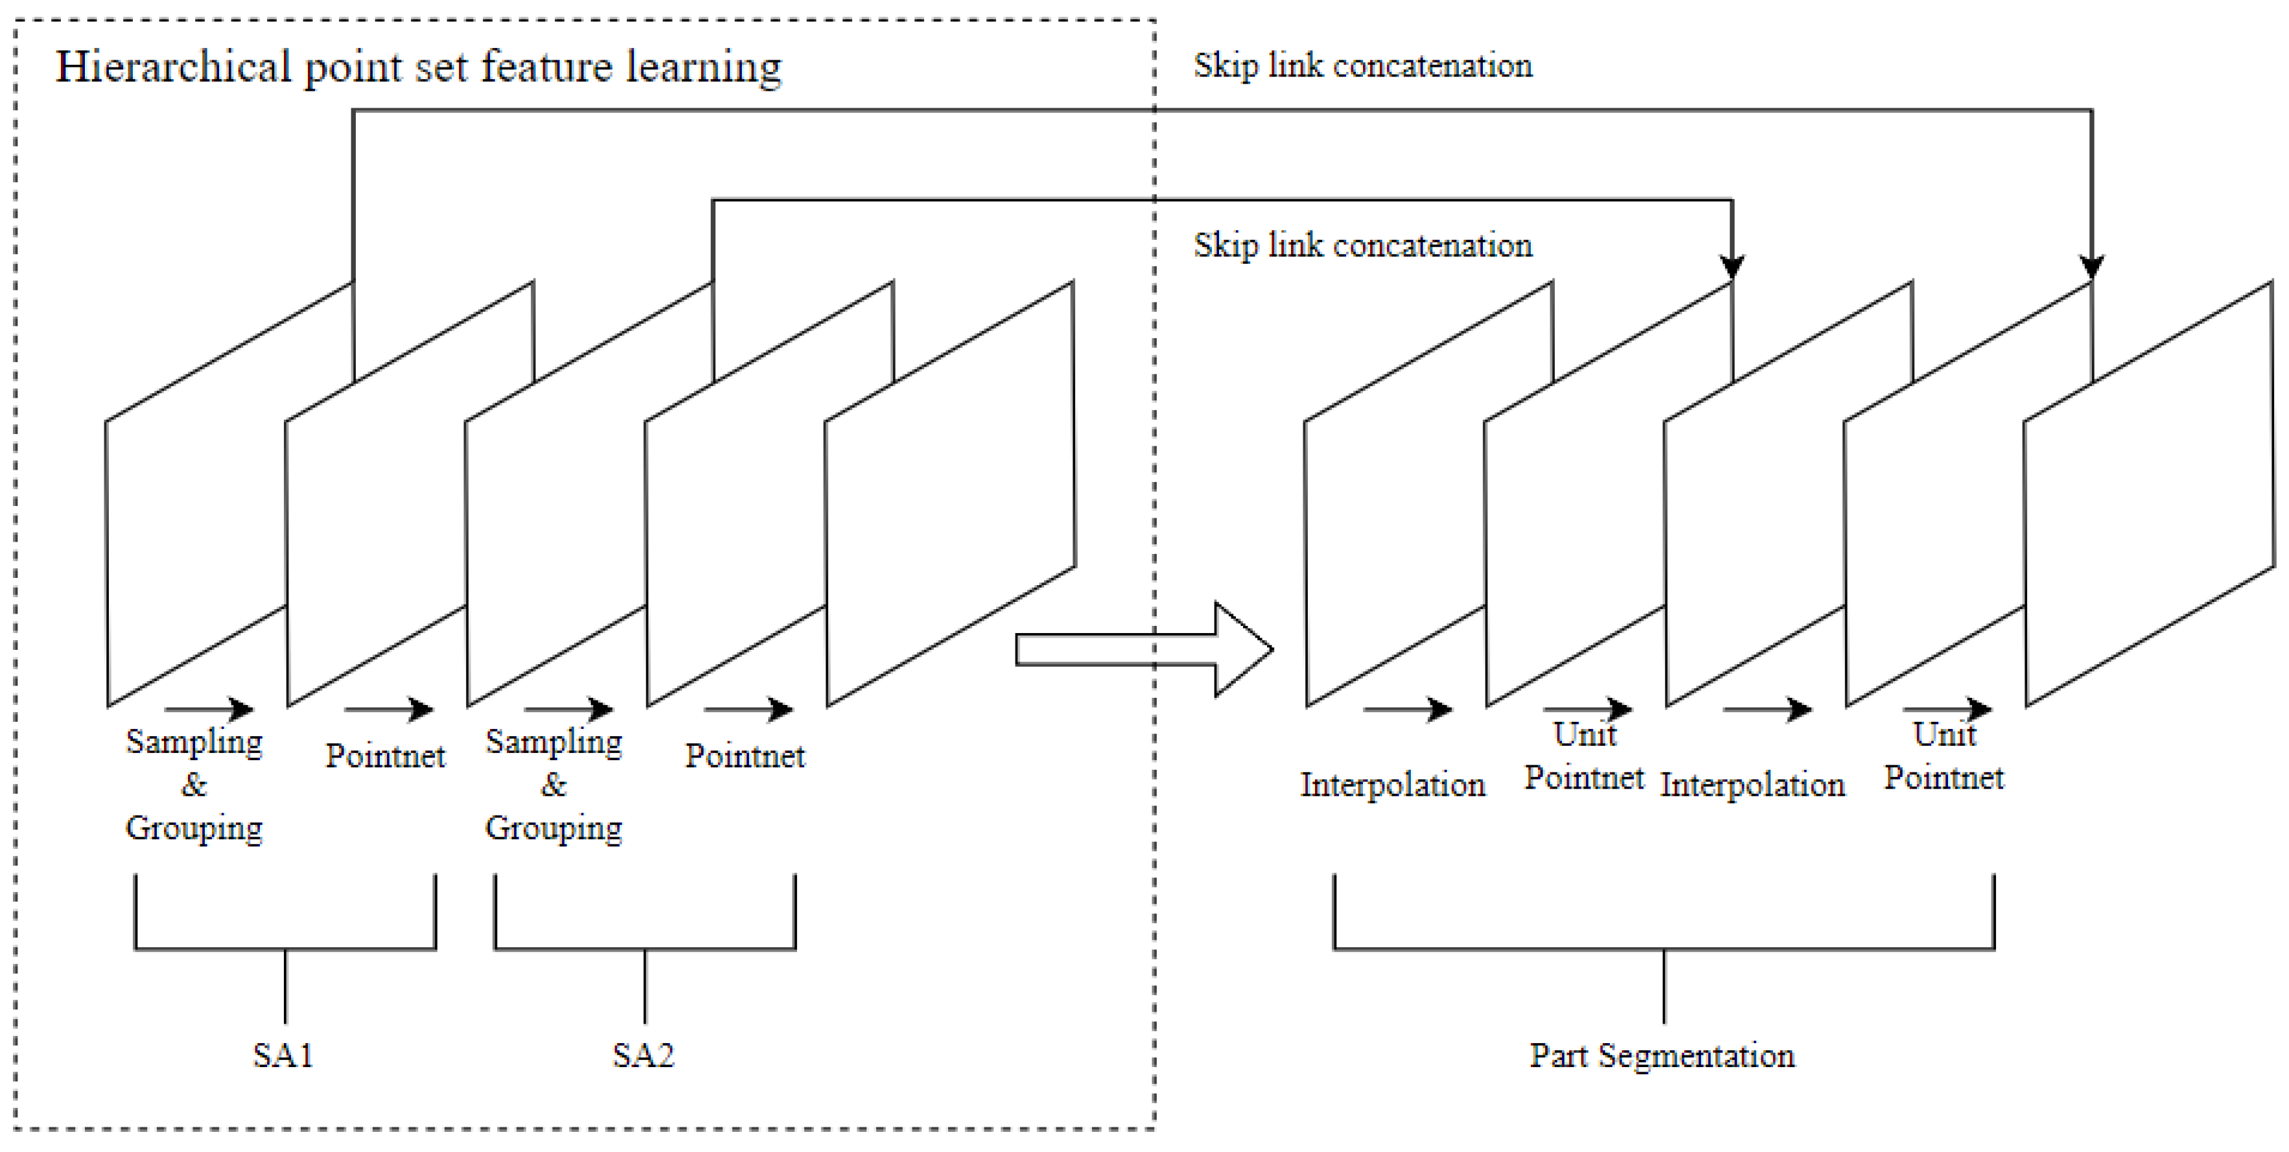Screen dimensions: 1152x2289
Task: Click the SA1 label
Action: [x=283, y=1055]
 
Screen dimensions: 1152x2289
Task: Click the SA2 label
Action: [x=644, y=1055]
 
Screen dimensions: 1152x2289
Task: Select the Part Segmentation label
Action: [x=1662, y=1055]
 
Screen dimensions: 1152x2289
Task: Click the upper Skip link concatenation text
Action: [x=1362, y=65]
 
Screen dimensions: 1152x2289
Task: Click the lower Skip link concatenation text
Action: [x=1362, y=245]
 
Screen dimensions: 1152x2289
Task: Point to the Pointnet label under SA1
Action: [x=385, y=756]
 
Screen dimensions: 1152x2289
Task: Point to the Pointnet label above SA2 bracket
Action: [x=745, y=756]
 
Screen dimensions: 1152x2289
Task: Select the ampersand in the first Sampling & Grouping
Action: [x=194, y=784]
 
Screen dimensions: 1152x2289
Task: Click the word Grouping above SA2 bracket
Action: [x=553, y=828]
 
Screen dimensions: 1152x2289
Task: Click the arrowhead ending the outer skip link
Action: [x=2092, y=266]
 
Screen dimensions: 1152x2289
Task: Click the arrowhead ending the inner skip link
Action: [x=1732, y=266]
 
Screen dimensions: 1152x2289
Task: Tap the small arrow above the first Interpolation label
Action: [x=1408, y=709]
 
